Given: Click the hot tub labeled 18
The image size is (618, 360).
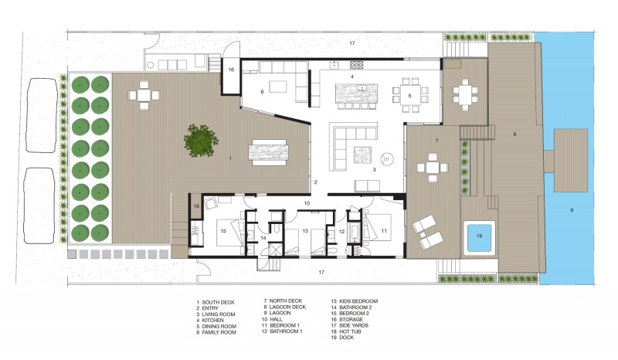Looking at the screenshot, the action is [479, 237].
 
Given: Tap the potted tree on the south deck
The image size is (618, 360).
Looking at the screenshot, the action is [201, 139].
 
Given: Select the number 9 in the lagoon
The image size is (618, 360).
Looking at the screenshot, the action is [572, 210].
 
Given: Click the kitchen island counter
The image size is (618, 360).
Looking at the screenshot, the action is [356, 93].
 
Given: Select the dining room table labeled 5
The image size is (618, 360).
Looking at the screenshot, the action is [410, 96].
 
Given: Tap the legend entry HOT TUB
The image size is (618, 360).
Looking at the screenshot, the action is [350, 331].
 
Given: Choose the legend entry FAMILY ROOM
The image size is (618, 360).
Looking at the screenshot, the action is [219, 332].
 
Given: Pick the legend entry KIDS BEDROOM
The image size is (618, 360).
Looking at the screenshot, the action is [358, 301].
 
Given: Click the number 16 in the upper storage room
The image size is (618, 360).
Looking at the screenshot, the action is [231, 70].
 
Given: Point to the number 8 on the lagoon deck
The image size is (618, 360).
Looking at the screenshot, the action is [514, 134].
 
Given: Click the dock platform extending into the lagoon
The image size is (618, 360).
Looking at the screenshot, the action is [570, 160].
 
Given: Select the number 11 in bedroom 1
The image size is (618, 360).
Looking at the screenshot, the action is [384, 231].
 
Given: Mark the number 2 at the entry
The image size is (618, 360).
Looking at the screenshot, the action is [315, 182].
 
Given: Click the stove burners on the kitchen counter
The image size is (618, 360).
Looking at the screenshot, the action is [356, 64].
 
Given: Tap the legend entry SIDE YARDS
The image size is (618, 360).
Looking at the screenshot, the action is [354, 326].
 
